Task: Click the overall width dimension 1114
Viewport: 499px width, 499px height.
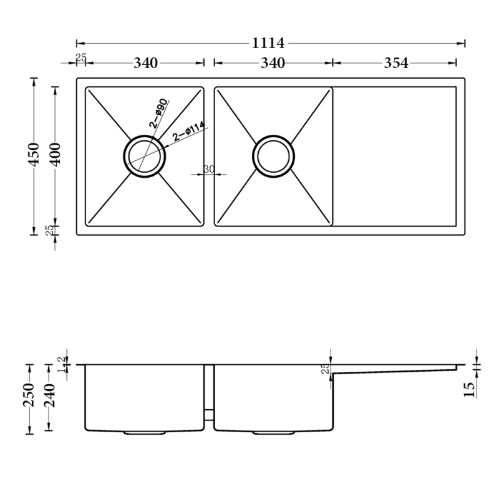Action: click(x=269, y=44)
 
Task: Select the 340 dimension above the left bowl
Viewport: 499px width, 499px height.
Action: click(x=145, y=63)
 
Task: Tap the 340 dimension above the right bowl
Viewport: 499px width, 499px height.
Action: click(x=273, y=63)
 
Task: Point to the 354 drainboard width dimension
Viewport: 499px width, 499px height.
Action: click(x=395, y=63)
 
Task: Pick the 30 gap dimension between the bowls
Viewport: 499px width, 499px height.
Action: click(x=209, y=169)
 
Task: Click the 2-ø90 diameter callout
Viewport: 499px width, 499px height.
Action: click(x=157, y=114)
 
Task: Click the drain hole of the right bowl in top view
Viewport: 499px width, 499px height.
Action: click(x=273, y=155)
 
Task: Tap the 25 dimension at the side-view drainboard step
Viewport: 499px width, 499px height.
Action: click(x=325, y=369)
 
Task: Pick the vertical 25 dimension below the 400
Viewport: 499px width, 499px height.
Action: click(x=50, y=231)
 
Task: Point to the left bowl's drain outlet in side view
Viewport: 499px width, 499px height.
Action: click(x=145, y=432)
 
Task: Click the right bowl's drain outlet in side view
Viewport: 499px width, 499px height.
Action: click(x=273, y=432)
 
